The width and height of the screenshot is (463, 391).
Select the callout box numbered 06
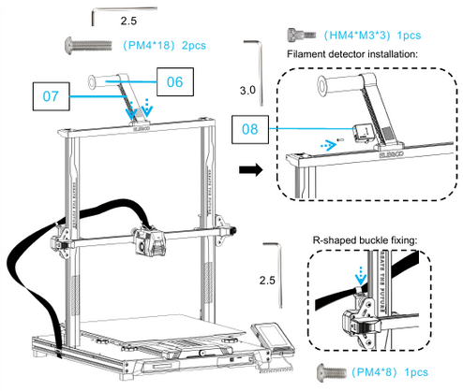coord(175,81)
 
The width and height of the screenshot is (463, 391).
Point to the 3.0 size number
coord(247,91)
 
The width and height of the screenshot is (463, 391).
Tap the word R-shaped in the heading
coord(331,239)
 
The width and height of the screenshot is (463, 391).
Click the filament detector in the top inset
coord(362,131)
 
